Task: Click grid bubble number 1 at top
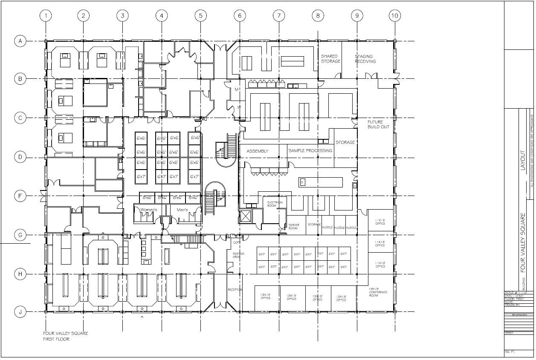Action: pos(46,16)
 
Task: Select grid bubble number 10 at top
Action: pos(395,16)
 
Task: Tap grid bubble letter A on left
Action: pos(20,41)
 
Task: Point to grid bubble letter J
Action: pos(20,312)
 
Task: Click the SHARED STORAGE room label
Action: pos(330,59)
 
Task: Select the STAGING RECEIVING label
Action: pos(365,59)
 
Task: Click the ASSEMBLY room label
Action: pos(258,151)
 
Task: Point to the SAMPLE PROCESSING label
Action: pos(310,150)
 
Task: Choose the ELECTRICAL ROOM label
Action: pos(275,204)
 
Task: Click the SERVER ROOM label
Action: pos(294,226)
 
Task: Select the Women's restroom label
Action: pos(149,210)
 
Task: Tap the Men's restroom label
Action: pos(182,210)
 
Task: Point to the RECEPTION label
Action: pos(235,290)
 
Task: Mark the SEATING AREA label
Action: pos(238,255)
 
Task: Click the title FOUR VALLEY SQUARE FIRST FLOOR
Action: pos(65,336)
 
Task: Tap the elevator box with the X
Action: pos(246,217)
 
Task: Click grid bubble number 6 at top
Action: pos(240,16)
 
